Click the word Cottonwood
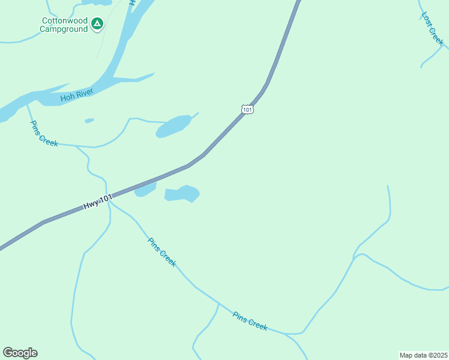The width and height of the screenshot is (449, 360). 64,20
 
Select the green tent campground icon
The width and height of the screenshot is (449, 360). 97,24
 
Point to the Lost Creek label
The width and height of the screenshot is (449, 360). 432,29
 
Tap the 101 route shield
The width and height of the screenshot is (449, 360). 247,109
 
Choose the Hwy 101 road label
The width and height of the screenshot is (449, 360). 97,202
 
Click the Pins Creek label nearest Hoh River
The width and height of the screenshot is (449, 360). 44,133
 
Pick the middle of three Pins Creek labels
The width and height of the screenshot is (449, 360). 162,252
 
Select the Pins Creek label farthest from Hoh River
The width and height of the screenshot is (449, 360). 250,320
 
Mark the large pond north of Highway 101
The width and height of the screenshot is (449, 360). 173,126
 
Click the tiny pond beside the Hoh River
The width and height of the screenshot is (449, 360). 89,121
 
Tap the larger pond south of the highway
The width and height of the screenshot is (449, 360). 182,194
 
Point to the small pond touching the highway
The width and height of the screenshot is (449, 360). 145,190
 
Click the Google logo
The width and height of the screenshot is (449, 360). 20,353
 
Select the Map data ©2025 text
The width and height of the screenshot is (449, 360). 423,355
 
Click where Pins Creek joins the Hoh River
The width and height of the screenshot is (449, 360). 26,104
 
